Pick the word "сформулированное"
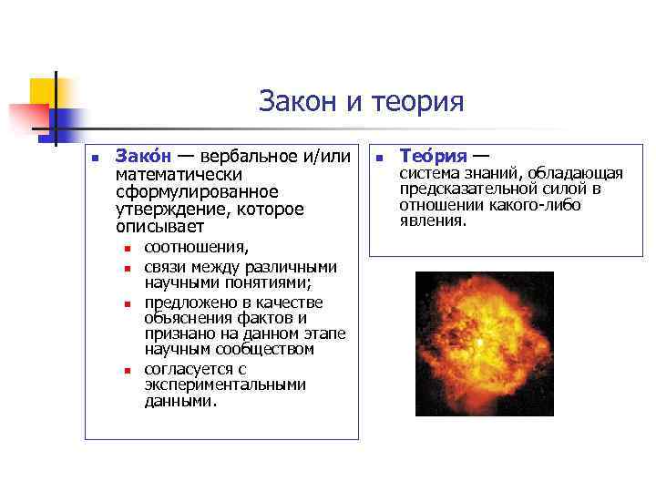(x=197, y=191)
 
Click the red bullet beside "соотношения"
(x=128, y=248)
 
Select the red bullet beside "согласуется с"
(x=128, y=370)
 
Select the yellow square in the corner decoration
(x=44, y=90)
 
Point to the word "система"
(x=428, y=174)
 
